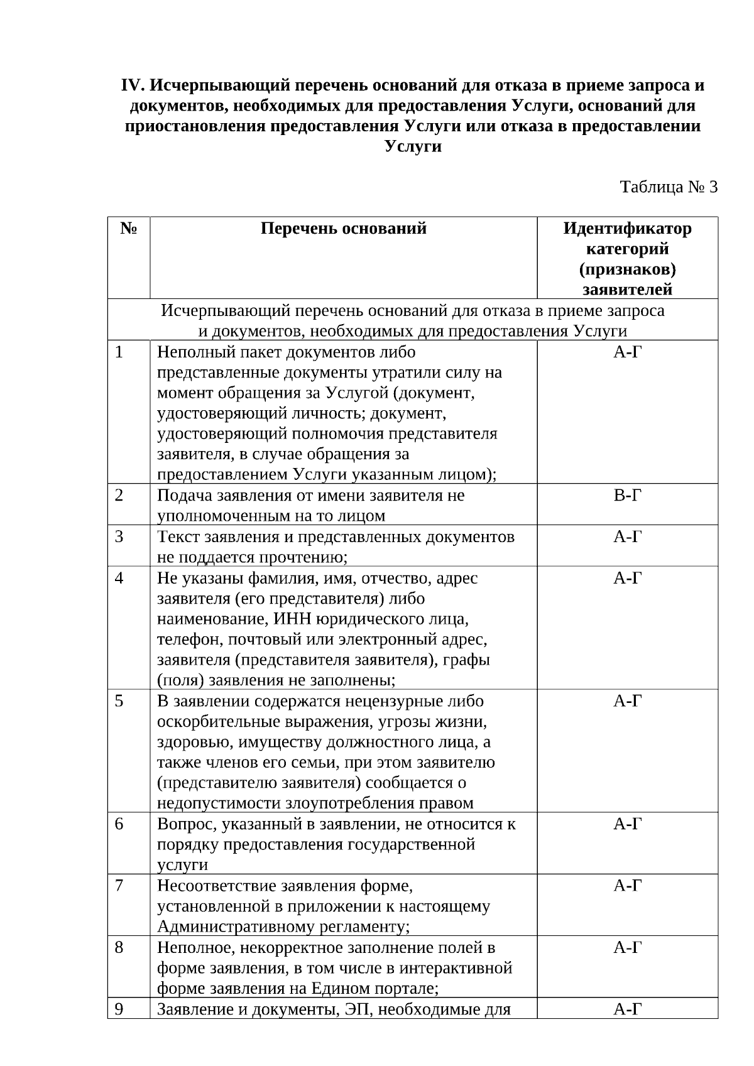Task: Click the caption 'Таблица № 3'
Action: (668, 187)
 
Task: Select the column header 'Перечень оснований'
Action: (343, 229)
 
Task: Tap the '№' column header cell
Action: (129, 229)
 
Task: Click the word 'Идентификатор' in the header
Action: (627, 229)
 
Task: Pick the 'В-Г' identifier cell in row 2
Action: (627, 496)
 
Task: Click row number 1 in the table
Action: (119, 352)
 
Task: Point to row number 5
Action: (119, 701)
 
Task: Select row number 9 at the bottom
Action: (119, 1009)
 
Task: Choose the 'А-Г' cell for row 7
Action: (627, 886)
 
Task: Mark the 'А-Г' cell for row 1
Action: (627, 352)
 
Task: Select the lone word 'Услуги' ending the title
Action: (412, 147)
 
